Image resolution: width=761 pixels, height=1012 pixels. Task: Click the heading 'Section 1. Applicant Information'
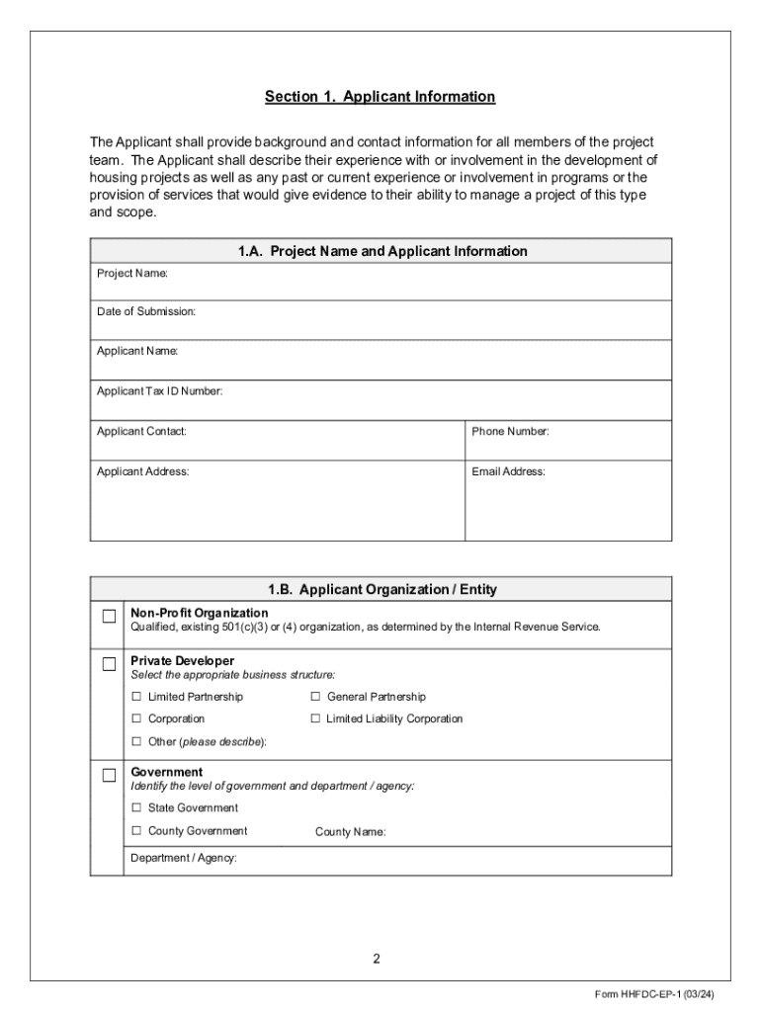pyautogui.click(x=380, y=97)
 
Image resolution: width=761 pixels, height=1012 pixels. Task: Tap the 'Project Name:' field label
pyautogui.click(x=132, y=272)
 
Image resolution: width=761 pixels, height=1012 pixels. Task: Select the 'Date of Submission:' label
pyautogui.click(x=146, y=311)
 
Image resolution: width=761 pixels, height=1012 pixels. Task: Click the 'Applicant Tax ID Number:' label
pyautogui.click(x=159, y=391)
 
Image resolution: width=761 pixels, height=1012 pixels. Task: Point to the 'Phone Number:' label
pyautogui.click(x=510, y=431)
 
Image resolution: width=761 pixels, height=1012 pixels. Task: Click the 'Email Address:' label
pyautogui.click(x=508, y=471)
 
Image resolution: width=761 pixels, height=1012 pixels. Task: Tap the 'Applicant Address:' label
pyautogui.click(x=142, y=471)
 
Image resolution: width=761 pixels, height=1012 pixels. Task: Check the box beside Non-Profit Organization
pyautogui.click(x=109, y=618)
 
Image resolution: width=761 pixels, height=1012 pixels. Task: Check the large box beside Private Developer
pyautogui.click(x=109, y=665)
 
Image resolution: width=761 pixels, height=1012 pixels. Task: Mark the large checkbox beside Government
pyautogui.click(x=109, y=776)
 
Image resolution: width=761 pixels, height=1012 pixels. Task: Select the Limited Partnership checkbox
pyautogui.click(x=137, y=697)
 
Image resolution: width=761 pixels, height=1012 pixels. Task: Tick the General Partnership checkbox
pyautogui.click(x=316, y=697)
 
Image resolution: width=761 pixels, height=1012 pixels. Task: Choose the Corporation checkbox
pyautogui.click(x=137, y=718)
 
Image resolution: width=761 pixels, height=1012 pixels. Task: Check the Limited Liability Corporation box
pyautogui.click(x=316, y=718)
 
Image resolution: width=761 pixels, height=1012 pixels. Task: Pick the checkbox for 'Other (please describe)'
pyautogui.click(x=137, y=741)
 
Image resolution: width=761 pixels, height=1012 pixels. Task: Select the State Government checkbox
pyautogui.click(x=137, y=808)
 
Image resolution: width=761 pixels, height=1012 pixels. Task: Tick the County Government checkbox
pyautogui.click(x=137, y=831)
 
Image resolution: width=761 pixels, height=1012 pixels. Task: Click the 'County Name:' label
pyautogui.click(x=350, y=832)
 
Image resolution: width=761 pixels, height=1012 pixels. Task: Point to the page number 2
pyautogui.click(x=377, y=958)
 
